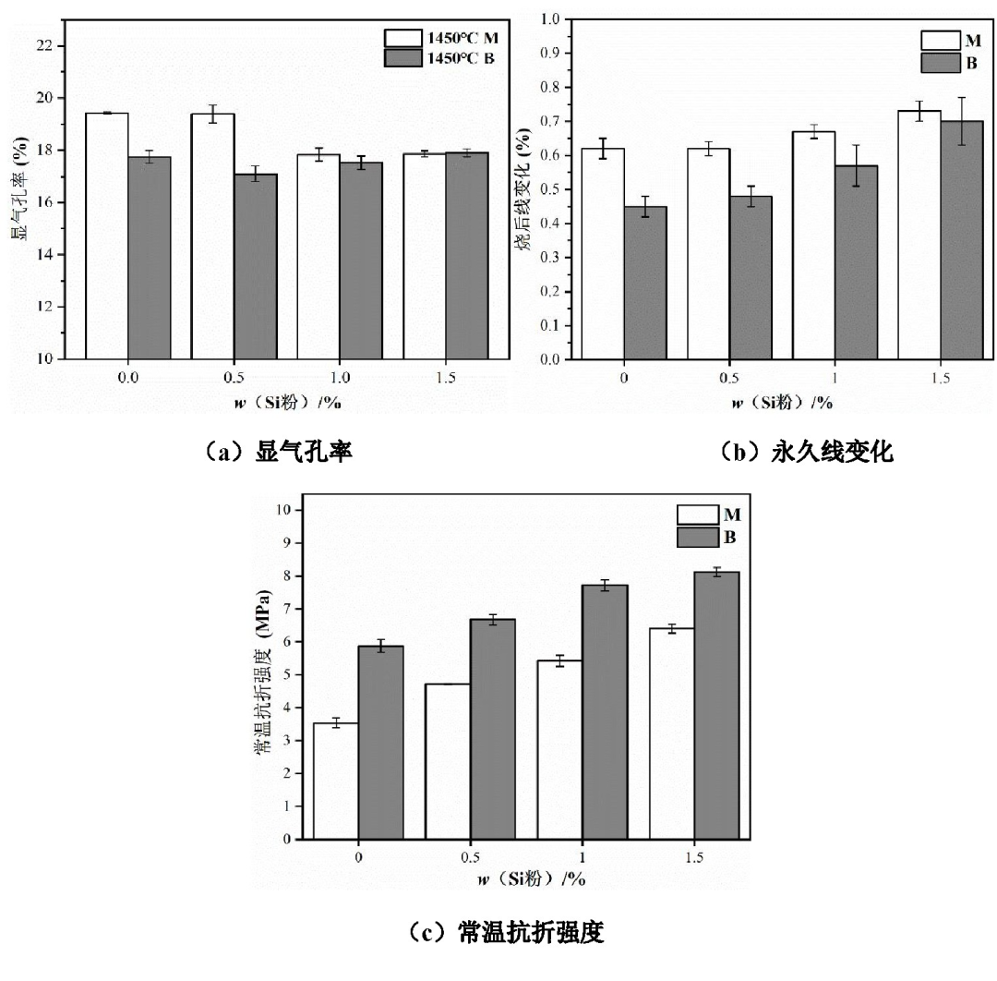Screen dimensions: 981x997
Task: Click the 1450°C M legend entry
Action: (x=442, y=38)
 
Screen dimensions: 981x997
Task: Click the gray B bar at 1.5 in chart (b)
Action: (x=962, y=240)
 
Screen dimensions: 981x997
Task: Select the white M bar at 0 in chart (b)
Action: (x=602, y=253)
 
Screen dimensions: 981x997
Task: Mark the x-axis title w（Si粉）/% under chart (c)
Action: (x=531, y=878)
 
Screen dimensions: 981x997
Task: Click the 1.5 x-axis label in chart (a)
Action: (x=446, y=379)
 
